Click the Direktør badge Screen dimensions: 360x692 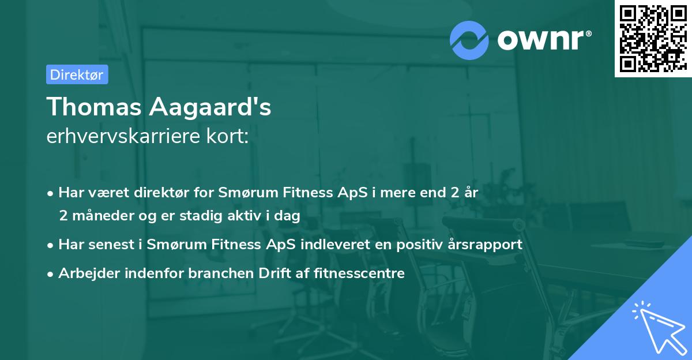click(77, 74)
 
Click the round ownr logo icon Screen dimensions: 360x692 click(469, 40)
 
